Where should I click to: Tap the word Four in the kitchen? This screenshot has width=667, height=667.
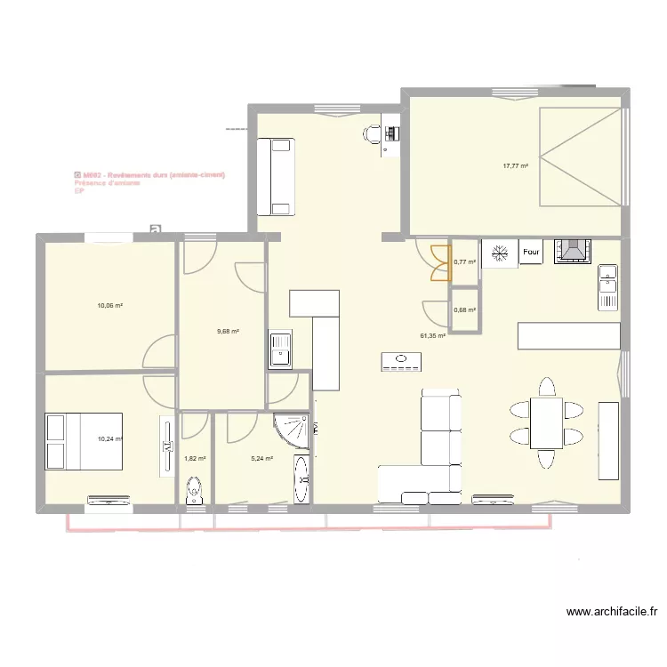[531, 252]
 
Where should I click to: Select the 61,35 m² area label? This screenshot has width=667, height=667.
[433, 336]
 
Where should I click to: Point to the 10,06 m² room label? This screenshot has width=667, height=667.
[110, 305]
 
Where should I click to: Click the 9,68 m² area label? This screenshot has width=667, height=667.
[229, 331]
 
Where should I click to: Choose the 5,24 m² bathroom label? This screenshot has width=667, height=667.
[261, 459]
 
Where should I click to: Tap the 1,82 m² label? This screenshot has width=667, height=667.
[195, 459]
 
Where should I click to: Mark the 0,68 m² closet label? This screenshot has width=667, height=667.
[464, 310]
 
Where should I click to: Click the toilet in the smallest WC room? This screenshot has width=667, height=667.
[195, 490]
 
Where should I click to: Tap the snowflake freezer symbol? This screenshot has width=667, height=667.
[500, 252]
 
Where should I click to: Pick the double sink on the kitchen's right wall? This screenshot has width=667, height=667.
[608, 287]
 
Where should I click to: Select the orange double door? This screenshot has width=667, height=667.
[439, 262]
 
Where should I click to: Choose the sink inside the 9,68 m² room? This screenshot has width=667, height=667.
[281, 349]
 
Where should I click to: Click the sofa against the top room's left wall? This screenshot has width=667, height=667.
[274, 176]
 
